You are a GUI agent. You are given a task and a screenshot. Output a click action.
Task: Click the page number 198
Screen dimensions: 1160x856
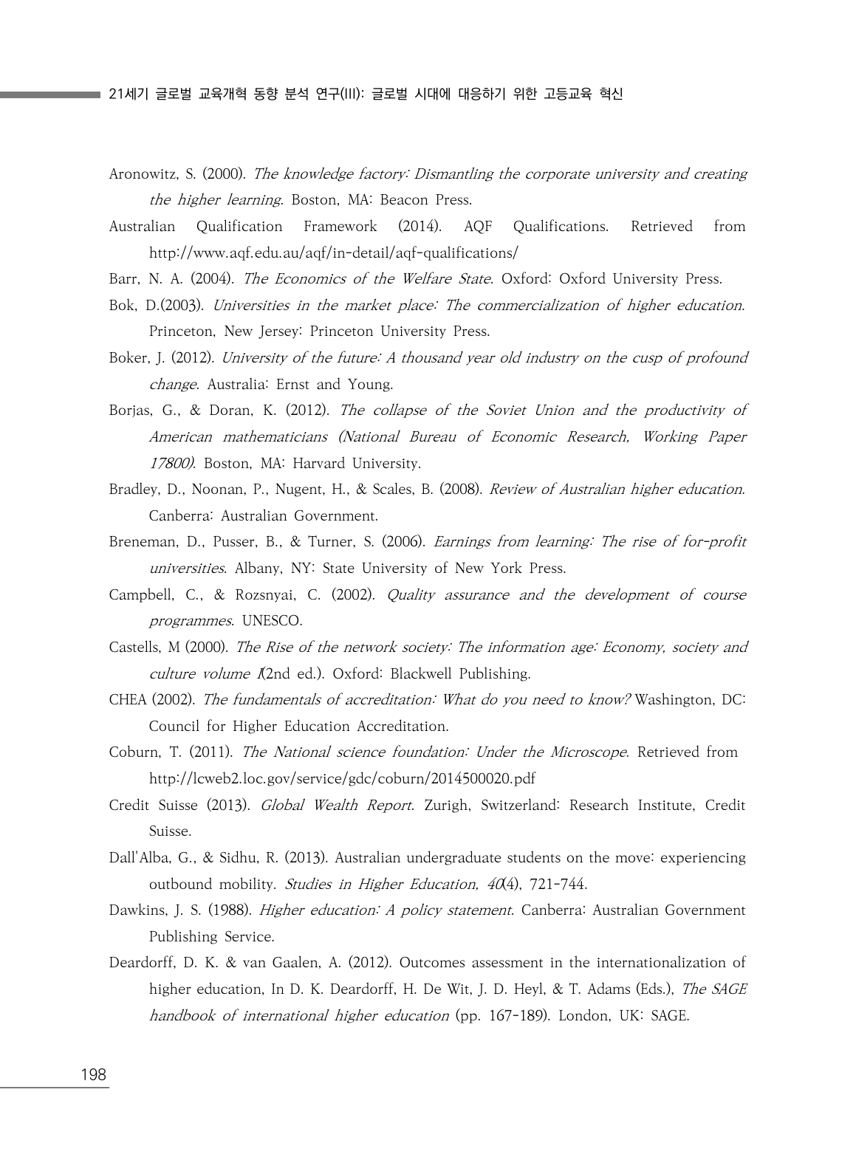click(x=93, y=1074)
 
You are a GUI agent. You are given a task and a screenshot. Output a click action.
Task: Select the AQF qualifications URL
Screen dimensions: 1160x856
click(x=333, y=253)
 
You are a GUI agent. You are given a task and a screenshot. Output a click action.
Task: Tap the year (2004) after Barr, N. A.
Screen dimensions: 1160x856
click(x=212, y=279)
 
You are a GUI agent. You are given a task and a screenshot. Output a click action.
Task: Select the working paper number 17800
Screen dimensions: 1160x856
click(x=170, y=464)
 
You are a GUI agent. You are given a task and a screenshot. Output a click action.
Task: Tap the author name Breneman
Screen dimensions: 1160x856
click(x=143, y=542)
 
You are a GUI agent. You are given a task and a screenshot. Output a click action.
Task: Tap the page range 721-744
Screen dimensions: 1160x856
click(x=558, y=885)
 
